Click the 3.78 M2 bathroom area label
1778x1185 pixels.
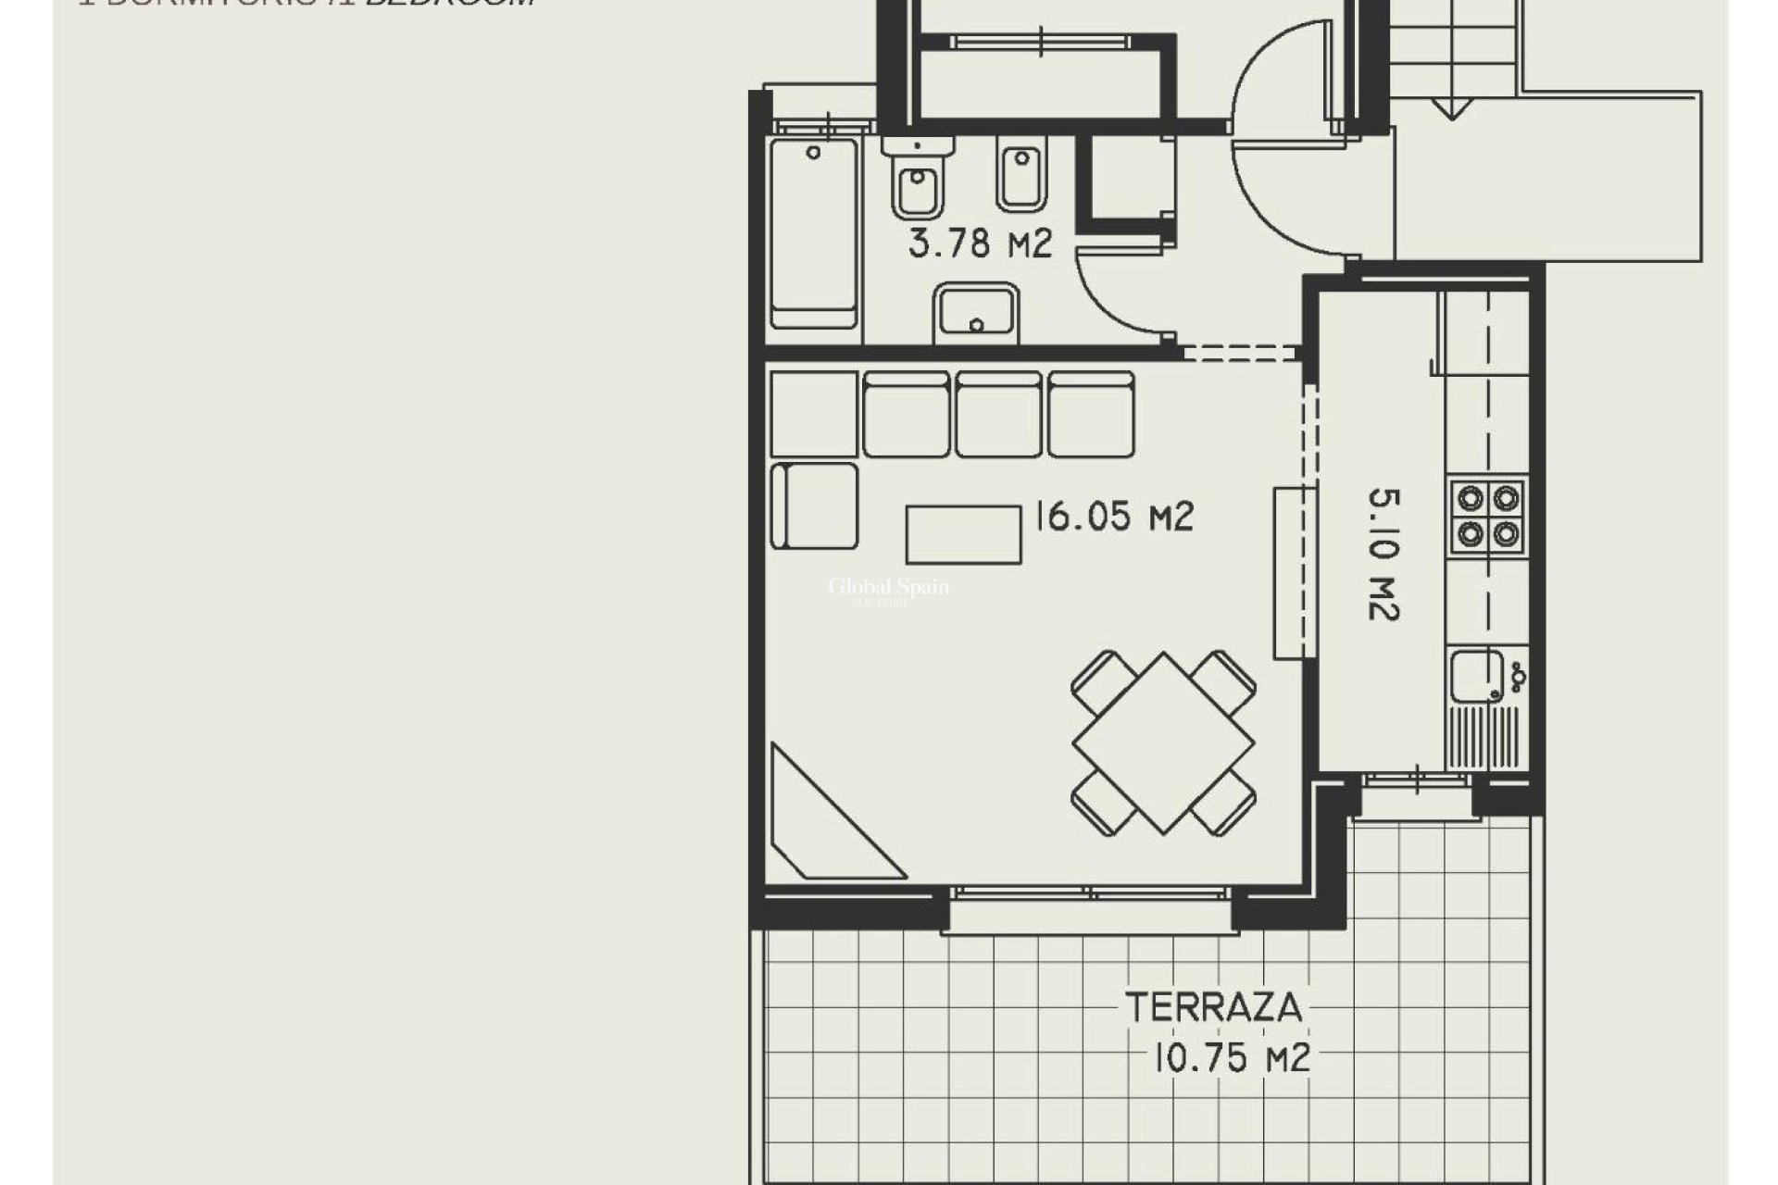point(980,244)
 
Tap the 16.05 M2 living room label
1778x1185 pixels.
point(1114,517)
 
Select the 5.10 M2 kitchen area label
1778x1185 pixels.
point(1384,555)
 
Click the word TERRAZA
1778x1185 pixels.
point(1214,1007)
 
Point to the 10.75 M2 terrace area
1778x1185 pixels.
point(1231,1057)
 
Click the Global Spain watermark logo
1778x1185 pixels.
point(888,590)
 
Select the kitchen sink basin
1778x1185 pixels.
point(1476,676)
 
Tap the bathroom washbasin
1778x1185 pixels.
point(976,312)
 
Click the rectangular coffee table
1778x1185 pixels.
point(963,534)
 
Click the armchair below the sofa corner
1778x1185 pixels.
point(815,505)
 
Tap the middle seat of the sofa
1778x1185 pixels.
point(999,415)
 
